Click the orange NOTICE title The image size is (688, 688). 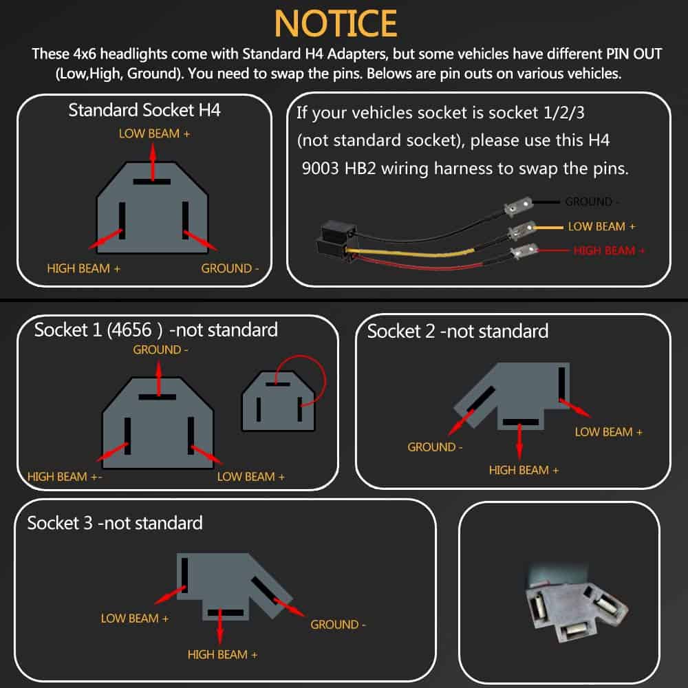(x=336, y=23)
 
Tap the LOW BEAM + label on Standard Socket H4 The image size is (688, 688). (x=154, y=133)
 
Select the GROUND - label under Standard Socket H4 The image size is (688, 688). (x=230, y=268)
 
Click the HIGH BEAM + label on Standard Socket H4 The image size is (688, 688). (x=83, y=268)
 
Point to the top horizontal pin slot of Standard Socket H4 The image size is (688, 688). (x=152, y=182)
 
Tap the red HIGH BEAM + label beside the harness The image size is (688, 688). (x=609, y=250)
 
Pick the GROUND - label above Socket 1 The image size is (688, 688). (x=160, y=350)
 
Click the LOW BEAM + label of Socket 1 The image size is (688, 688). (x=250, y=477)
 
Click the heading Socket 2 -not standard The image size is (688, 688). (x=458, y=332)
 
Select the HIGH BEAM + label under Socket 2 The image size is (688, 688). (x=524, y=471)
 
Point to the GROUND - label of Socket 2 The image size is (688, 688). (x=435, y=447)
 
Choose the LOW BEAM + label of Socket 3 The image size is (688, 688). (x=135, y=619)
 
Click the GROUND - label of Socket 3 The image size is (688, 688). (x=338, y=625)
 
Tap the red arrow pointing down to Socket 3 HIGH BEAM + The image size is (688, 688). (x=220, y=627)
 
